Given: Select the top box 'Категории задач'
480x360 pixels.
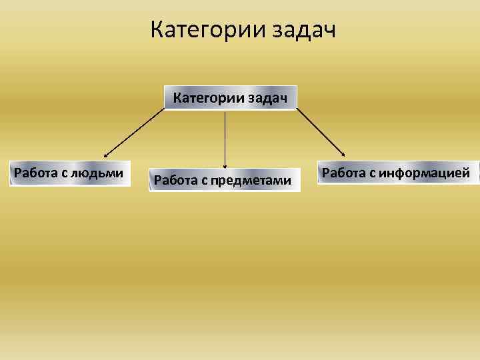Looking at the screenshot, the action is (230, 98).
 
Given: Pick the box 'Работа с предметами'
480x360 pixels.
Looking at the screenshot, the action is (223, 180).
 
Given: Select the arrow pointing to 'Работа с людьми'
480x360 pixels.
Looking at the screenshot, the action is (133, 132).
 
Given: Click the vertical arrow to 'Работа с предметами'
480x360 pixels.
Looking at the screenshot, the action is (225, 137).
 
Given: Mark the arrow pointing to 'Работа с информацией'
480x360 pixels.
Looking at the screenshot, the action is (320, 132).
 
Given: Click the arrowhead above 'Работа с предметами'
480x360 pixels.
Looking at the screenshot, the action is (225, 165).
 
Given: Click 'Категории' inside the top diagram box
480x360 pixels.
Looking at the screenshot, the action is (208, 99).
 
